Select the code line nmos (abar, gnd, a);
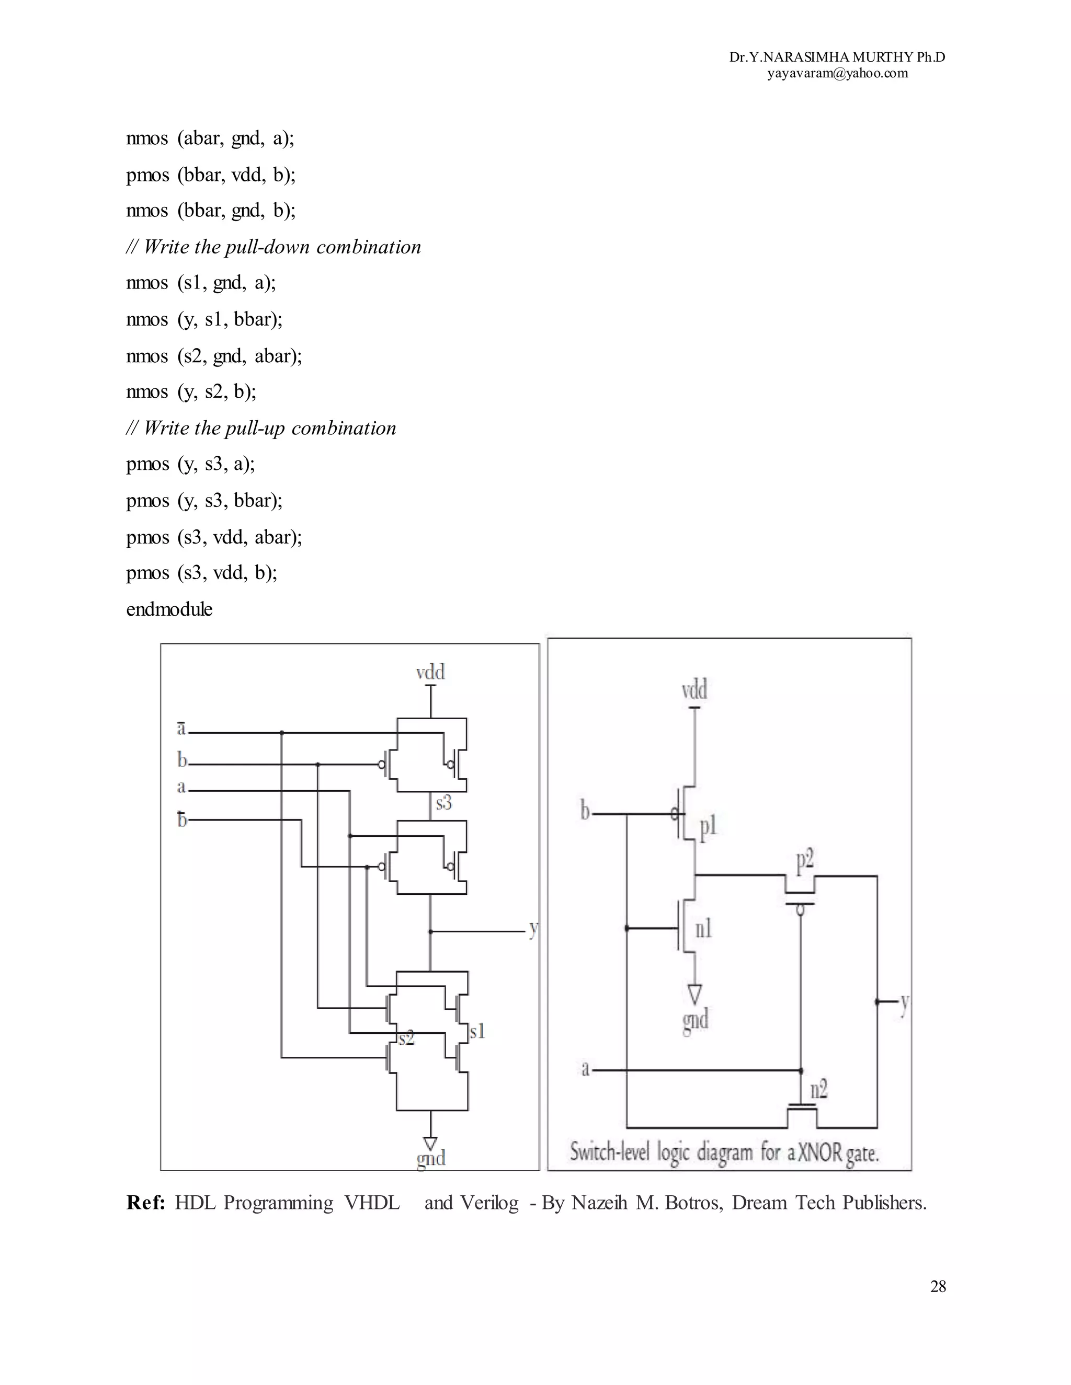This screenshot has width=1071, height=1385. click(210, 138)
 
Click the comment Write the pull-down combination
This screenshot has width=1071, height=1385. click(274, 247)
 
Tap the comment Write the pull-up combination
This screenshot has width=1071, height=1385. click(261, 428)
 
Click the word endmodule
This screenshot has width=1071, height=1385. click(169, 609)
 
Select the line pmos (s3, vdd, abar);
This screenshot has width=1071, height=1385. click(214, 537)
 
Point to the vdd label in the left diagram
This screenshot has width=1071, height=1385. click(430, 672)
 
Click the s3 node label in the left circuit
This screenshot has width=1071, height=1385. click(443, 803)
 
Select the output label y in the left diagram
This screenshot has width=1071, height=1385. click(533, 930)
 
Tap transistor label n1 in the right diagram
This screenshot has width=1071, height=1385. click(704, 929)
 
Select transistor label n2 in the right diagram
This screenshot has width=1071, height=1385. click(819, 1090)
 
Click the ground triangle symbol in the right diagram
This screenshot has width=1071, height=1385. click(695, 992)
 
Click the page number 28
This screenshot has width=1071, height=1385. click(938, 1287)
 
